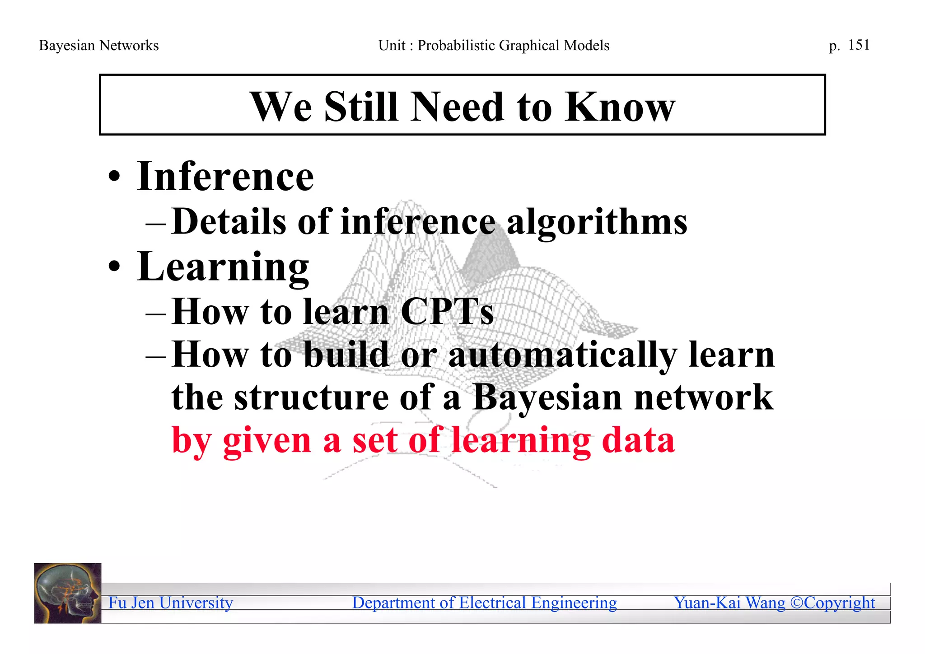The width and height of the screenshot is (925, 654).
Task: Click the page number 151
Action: click(859, 45)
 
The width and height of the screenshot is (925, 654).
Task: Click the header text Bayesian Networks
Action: click(98, 46)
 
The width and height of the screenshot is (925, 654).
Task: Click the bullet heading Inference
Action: click(225, 177)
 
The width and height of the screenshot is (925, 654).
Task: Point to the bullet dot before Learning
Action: click(114, 266)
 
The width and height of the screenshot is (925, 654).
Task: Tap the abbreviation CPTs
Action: click(447, 312)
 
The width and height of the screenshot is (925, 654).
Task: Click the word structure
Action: click(311, 397)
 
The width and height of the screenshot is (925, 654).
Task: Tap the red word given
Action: click(267, 440)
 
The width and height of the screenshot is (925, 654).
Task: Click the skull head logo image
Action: click(68, 593)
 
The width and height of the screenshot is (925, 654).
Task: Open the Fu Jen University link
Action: click(170, 603)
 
